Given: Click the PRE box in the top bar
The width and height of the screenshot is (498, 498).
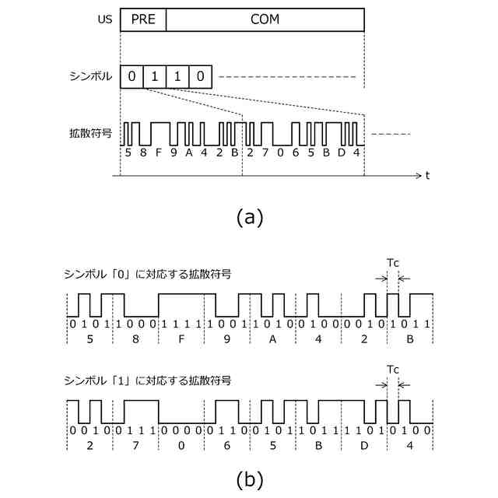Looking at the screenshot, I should [x=143, y=19].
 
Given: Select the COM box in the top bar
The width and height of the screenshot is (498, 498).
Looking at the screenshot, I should [x=265, y=19].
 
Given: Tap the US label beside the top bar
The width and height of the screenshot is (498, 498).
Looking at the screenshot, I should [x=103, y=19].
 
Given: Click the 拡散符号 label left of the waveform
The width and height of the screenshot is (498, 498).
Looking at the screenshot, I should [x=90, y=133].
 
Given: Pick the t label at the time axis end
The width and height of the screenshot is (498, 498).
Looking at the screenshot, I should [x=427, y=176].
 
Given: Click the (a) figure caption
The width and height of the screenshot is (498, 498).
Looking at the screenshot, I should [x=249, y=217].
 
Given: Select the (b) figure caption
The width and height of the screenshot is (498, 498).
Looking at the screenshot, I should [x=249, y=479].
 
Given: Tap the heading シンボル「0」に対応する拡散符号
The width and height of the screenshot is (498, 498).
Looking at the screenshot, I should [x=147, y=275].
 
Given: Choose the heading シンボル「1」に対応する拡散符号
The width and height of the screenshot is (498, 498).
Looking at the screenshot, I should [x=147, y=381].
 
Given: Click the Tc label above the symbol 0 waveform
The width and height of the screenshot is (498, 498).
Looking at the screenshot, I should [x=393, y=263].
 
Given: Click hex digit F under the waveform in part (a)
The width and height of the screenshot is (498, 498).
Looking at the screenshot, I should [x=159, y=153].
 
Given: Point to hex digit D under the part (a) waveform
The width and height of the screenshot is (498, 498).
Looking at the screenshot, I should [x=341, y=153].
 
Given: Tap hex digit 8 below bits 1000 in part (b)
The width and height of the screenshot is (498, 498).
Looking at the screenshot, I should [x=135, y=339].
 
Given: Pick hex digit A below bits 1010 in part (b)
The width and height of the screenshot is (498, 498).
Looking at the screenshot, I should [x=272, y=339].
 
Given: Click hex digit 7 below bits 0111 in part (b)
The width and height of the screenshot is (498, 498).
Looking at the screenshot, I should [x=135, y=445].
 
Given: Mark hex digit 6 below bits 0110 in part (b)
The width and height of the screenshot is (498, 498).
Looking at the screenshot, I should [x=226, y=445].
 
